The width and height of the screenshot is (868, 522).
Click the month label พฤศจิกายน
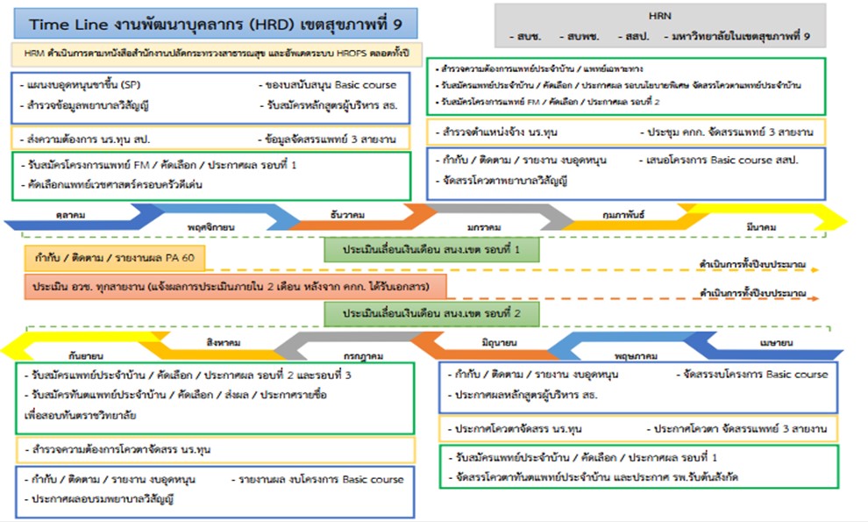pyautogui.click(x=211, y=227)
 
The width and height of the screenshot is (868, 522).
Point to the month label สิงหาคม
pyautogui.click(x=224, y=343)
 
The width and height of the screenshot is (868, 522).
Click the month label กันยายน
pyautogui.click(x=84, y=358)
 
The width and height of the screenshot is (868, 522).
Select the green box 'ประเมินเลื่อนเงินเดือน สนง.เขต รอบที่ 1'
pyautogui.click(x=430, y=249)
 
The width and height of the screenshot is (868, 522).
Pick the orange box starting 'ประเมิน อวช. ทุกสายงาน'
pyautogui.click(x=235, y=287)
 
